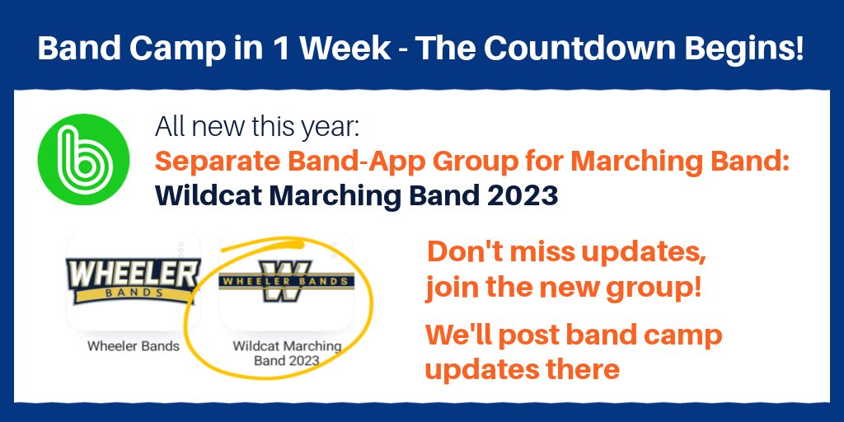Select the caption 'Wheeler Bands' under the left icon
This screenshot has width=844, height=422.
pos(133,346)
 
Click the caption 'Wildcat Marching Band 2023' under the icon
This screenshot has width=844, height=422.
pos(286,353)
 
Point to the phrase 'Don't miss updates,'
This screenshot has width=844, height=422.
pos(566,253)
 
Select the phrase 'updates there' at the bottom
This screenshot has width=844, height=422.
pos(522,369)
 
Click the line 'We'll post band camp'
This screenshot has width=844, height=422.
pos(574,335)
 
